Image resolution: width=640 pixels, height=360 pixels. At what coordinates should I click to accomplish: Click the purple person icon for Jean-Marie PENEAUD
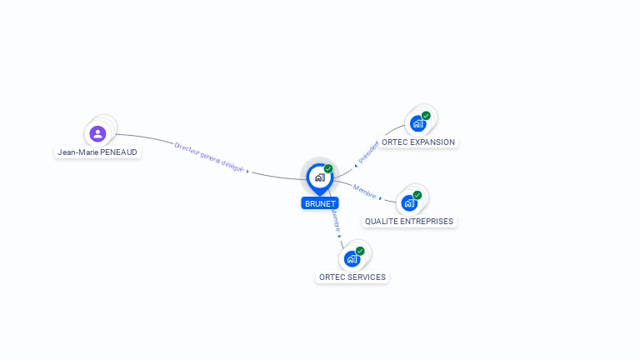tap(97, 133)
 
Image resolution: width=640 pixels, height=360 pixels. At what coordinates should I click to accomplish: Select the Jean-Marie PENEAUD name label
tap(97, 152)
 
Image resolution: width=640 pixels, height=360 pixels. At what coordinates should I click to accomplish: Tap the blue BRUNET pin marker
tap(319, 177)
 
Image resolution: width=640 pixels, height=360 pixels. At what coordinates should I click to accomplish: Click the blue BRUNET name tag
tap(320, 203)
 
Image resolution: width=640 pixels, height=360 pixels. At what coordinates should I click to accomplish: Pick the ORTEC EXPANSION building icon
tap(417, 124)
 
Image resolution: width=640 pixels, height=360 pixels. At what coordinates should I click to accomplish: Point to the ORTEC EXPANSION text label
tap(418, 142)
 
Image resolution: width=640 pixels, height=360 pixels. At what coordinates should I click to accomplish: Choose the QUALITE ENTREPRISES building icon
tap(408, 202)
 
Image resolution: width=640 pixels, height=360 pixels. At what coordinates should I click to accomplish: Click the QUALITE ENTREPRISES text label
tap(409, 222)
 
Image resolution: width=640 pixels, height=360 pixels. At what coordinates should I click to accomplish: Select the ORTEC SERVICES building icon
tap(352, 258)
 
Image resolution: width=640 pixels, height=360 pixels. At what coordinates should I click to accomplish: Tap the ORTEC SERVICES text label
tap(352, 277)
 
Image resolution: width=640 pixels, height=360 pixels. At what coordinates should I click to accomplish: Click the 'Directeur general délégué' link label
tap(209, 157)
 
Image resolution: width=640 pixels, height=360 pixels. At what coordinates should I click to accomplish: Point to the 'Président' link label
tap(367, 152)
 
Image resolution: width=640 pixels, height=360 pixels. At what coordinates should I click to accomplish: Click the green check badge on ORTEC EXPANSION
tap(426, 116)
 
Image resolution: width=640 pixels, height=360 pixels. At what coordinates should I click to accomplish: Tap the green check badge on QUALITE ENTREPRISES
tap(417, 195)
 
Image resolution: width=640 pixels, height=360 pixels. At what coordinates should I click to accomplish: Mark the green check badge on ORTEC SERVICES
tap(360, 251)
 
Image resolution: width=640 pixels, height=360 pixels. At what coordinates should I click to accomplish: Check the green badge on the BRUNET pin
tap(328, 169)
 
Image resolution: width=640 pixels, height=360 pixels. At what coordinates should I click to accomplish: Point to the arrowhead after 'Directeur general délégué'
tap(248, 171)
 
